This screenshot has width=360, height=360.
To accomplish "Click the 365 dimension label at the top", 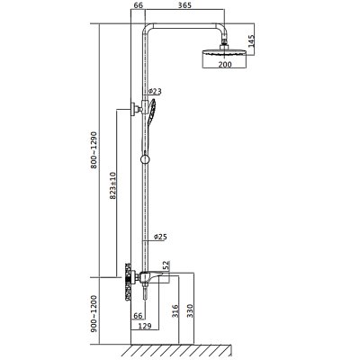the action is coord(184,5).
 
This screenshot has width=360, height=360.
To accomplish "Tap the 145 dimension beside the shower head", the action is coord(251,40).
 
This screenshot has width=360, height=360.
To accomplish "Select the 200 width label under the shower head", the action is coord(225,64).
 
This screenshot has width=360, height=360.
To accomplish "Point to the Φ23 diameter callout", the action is coord(155,91).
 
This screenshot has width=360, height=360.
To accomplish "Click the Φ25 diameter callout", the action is coord(160,237).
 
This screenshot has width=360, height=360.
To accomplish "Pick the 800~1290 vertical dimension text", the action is coord(94,149).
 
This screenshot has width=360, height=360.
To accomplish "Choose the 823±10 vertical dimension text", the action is coord(112,185).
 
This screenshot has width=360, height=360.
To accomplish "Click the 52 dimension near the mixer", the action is coord(166,266).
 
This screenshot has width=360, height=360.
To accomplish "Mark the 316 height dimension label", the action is coord(175,310).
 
